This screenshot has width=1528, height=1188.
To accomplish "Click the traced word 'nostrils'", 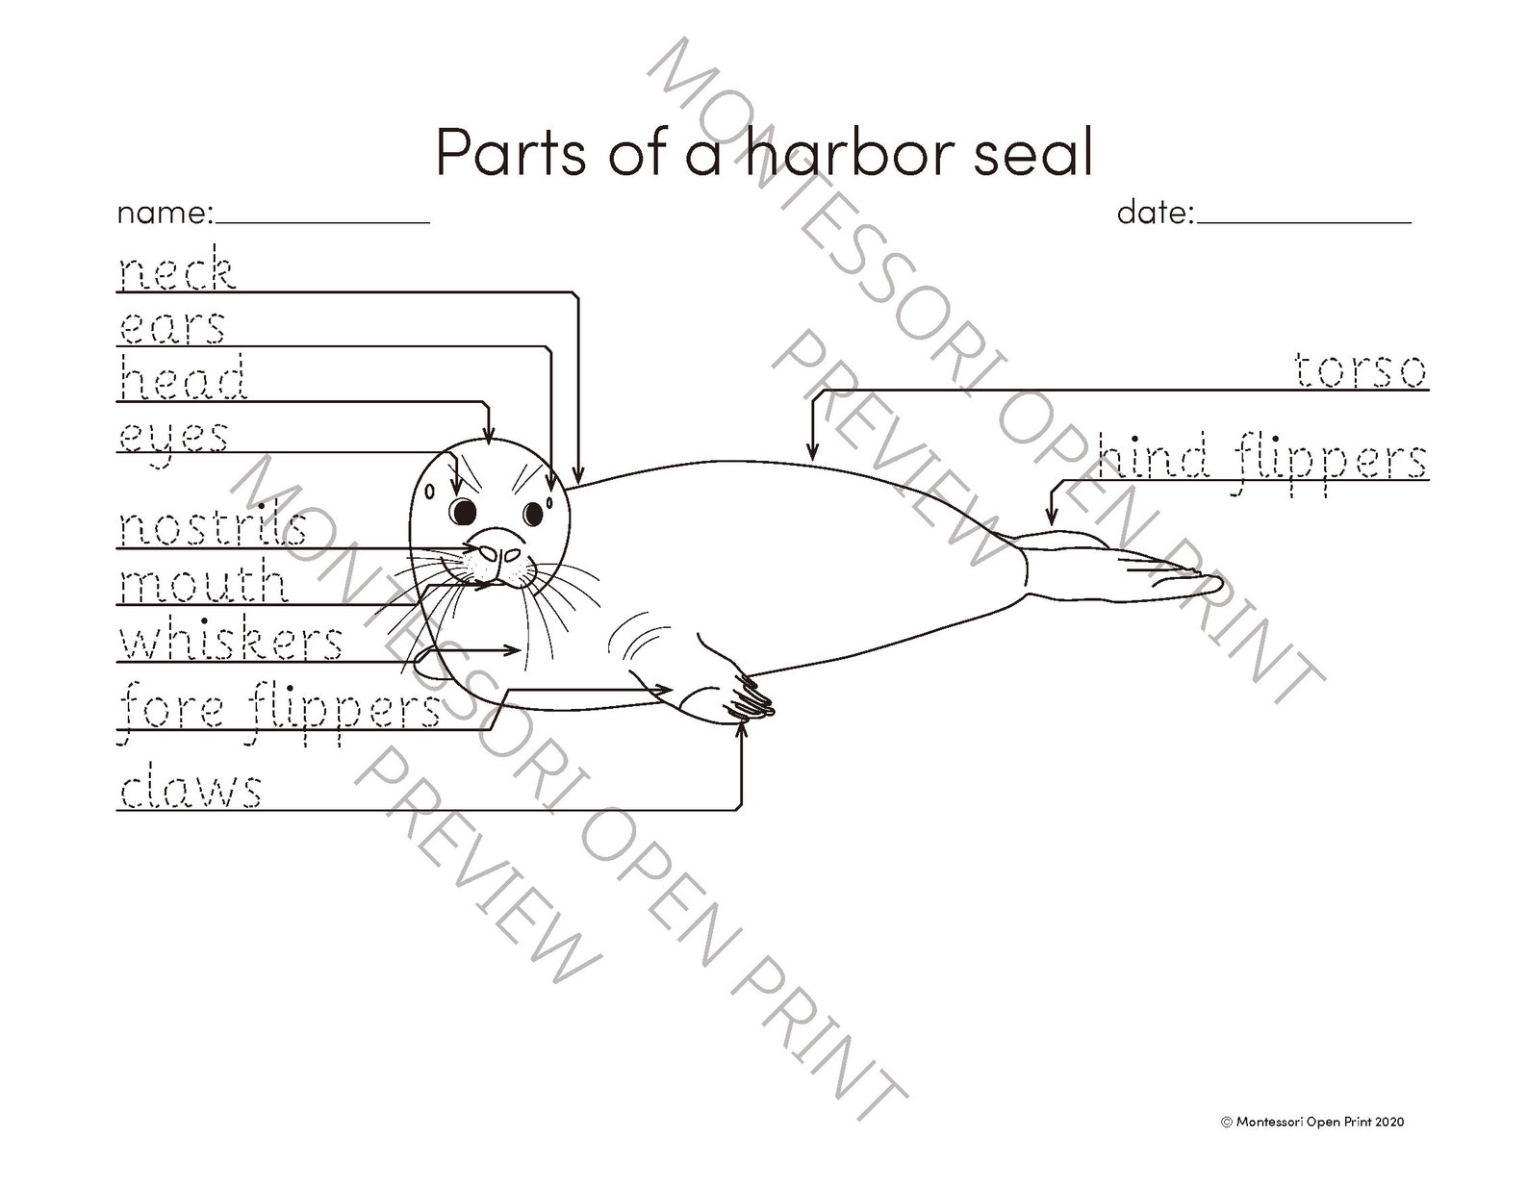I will pos(213,527).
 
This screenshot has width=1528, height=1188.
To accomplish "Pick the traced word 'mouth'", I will pos(203,583).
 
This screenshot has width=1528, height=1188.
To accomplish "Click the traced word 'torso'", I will pos(1360,369).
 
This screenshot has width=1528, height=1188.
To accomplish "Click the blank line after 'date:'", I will pos(1304,219).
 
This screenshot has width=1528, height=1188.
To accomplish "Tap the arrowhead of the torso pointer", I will pos(812,452).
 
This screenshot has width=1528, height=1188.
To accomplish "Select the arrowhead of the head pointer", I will pos(489,439).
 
